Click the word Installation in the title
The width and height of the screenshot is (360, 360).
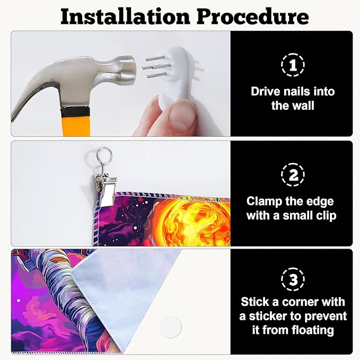(125, 17)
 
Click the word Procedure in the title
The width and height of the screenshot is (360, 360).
(253, 17)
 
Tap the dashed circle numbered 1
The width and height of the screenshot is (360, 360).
(293, 65)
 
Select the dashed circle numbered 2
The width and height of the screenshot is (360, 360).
(293, 175)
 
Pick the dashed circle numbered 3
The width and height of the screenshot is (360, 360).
(293, 279)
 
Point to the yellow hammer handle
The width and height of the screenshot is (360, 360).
(76, 125)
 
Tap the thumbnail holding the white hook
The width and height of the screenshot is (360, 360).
(182, 116)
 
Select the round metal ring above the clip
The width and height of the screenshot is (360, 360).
(104, 154)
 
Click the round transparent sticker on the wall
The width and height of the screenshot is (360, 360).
(171, 327)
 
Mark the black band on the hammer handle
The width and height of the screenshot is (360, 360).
(75, 112)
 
